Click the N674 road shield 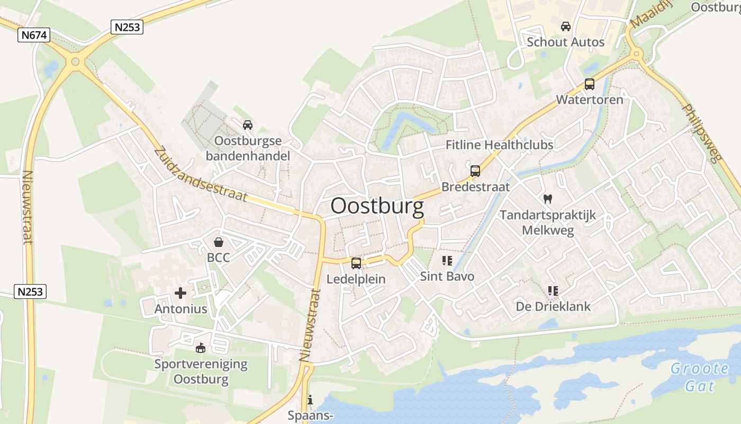34,36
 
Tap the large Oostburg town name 377,206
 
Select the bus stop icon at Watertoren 589,84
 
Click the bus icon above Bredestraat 475,171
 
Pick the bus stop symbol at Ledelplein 356,263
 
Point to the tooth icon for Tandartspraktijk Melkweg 548,199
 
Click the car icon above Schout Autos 565,26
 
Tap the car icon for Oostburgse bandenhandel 247,125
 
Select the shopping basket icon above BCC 218,242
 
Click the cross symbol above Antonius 180,293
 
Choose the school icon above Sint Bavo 447,260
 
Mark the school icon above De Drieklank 553,290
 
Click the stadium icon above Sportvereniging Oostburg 200,348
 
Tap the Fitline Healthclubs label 499,145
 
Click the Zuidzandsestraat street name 201,174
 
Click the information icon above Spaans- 310,399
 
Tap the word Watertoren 589,100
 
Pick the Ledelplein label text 356,279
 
